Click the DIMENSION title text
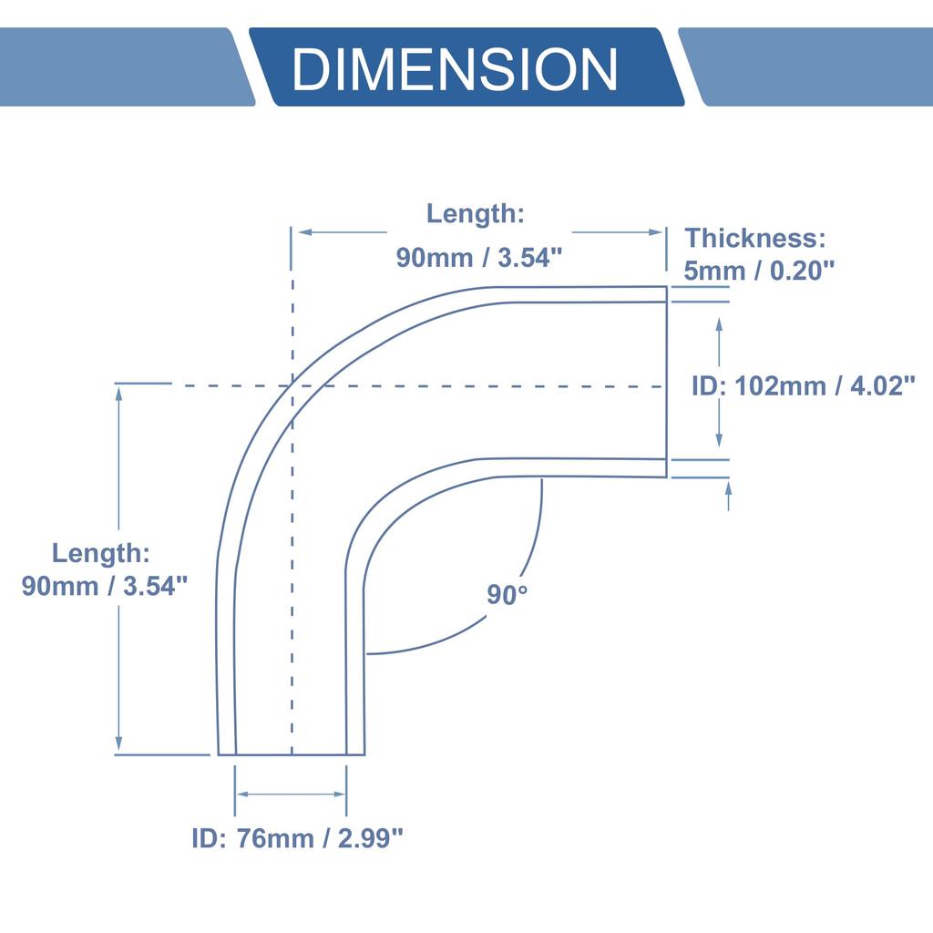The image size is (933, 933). (455, 69)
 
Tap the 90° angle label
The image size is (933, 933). (507, 595)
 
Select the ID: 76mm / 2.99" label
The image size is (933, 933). (297, 837)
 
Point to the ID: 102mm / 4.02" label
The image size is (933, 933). (803, 386)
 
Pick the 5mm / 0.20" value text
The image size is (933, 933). (760, 271)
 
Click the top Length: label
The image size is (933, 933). (476, 214)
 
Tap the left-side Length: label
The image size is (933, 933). (100, 553)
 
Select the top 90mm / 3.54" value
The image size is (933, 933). (475, 258)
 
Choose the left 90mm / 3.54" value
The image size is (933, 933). (105, 585)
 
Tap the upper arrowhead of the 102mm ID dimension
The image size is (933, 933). (720, 323)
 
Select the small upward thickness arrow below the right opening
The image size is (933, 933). (728, 489)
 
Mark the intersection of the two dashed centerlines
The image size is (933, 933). (292, 385)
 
